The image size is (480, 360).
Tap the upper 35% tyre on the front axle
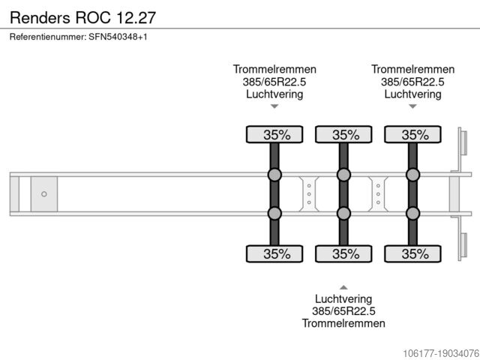pos(275,135)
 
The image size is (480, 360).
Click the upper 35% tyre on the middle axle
pos(344,135)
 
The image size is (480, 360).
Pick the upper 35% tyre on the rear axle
pos(413,135)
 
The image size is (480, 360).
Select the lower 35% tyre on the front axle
pos(275,254)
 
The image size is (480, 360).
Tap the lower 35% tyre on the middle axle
pos(344,254)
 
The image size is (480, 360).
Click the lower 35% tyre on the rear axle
pos(413,254)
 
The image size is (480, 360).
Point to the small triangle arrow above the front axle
pos(274,106)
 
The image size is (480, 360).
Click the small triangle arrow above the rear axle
pos(412,106)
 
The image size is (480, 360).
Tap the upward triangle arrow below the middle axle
pos(343,286)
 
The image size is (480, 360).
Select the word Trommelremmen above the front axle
pos(274,69)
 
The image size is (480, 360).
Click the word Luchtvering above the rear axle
pos(412,94)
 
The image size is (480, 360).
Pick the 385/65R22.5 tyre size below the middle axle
pos(343,310)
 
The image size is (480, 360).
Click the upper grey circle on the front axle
pos(274,175)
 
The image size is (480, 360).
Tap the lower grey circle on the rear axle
pos(412,214)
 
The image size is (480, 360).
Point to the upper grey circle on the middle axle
pos(343,175)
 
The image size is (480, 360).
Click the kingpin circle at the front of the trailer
pos(43,194)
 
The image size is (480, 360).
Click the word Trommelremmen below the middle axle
pos(343,323)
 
